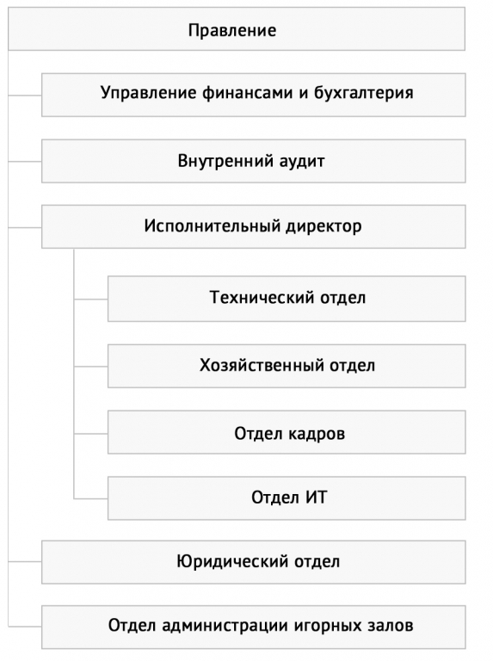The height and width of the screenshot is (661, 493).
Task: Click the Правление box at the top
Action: (x=237, y=28)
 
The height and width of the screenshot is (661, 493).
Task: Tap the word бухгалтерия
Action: (x=364, y=93)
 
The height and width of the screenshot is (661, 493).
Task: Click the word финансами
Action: (x=247, y=93)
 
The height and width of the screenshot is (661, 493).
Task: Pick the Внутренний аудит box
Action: (x=253, y=161)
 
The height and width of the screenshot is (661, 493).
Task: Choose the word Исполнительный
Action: (x=212, y=226)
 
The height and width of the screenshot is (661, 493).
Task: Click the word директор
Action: (x=324, y=226)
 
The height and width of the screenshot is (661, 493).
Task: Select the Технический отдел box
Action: (x=287, y=299)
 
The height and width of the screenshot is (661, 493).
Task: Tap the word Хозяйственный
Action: (x=262, y=365)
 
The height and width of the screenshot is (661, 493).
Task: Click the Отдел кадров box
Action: (x=287, y=432)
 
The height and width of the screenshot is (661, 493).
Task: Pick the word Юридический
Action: (x=232, y=561)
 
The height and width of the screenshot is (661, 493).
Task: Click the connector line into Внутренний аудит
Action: (x=25, y=161)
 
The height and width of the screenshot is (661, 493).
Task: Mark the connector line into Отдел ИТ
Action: (x=91, y=498)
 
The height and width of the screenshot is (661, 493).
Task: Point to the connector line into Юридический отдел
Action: (x=25, y=561)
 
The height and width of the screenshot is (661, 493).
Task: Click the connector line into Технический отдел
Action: (x=91, y=300)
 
